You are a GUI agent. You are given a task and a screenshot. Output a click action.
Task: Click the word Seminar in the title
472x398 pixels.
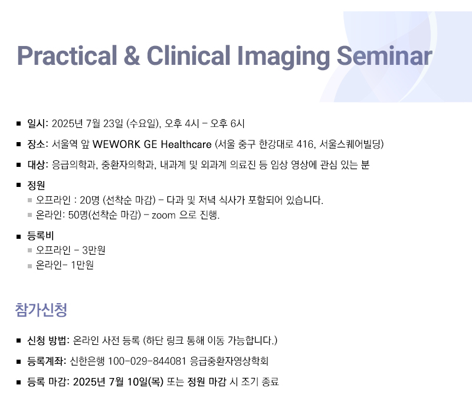coord(385,55)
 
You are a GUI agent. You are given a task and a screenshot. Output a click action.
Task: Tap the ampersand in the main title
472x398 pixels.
coord(132,55)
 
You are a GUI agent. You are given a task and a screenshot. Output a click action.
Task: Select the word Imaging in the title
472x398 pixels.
coord(284,57)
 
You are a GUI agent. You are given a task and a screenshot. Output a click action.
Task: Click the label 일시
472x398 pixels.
coord(37,123)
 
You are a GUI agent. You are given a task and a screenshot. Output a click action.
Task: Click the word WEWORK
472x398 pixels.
coord(116,144)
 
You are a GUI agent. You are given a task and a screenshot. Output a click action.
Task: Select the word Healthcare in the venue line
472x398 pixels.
coord(186,144)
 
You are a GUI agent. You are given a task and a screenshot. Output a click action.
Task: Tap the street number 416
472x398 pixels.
coord(304,144)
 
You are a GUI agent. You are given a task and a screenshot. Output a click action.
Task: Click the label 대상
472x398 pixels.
coord(37,165)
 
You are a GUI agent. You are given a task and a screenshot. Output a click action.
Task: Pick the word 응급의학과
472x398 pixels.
coord(74,165)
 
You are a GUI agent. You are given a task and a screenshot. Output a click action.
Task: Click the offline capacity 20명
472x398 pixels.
coord(90,200)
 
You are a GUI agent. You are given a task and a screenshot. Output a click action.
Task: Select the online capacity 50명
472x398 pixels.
coord(78,215)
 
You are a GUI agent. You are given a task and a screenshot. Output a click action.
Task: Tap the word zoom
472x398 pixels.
coord(163,215)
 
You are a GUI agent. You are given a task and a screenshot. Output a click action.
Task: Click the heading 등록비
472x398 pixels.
coord(40,235)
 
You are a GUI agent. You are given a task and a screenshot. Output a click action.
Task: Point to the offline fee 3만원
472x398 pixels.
coord(94,250)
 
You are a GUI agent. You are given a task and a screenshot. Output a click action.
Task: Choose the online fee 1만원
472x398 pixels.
coord(82,265)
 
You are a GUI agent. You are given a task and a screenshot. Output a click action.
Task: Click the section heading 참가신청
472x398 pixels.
coord(41,310)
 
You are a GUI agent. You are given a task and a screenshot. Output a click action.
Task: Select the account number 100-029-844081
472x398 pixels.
coord(147,361)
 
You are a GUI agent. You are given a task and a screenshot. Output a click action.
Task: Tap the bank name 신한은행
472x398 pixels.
coord(87,361)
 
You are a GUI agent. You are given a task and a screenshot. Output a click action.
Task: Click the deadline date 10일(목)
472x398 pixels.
coord(145,381)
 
